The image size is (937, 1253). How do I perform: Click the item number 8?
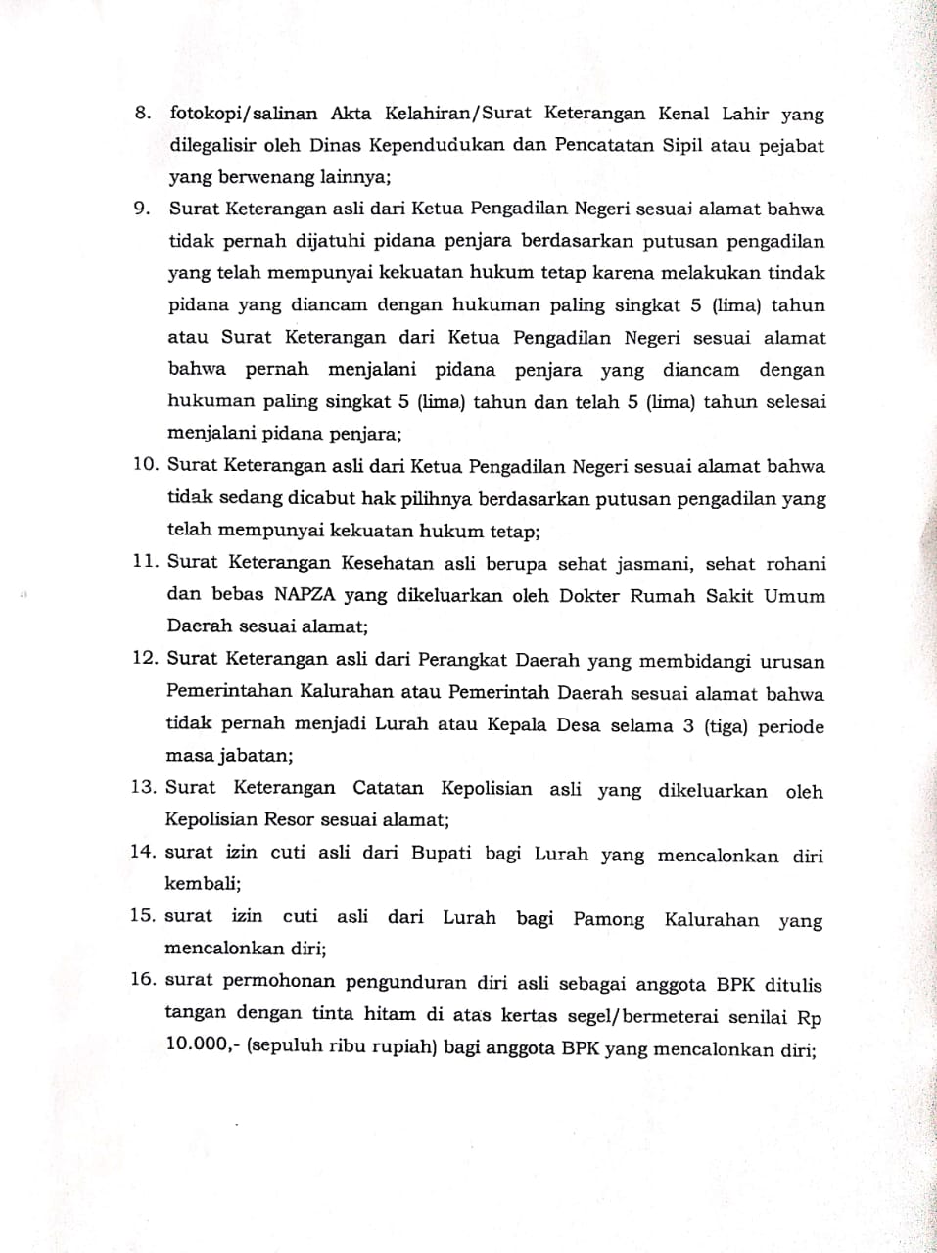click(142, 114)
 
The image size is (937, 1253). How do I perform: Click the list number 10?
click(146, 466)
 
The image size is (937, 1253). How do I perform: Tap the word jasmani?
click(653, 564)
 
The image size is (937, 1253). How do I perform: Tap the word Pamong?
click(609, 919)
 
